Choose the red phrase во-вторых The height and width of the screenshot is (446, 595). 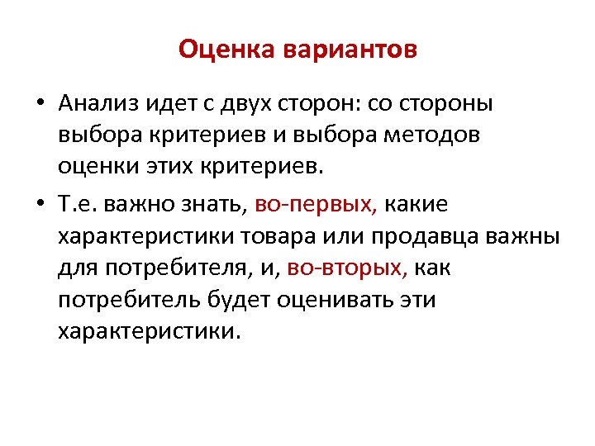coord(348,268)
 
